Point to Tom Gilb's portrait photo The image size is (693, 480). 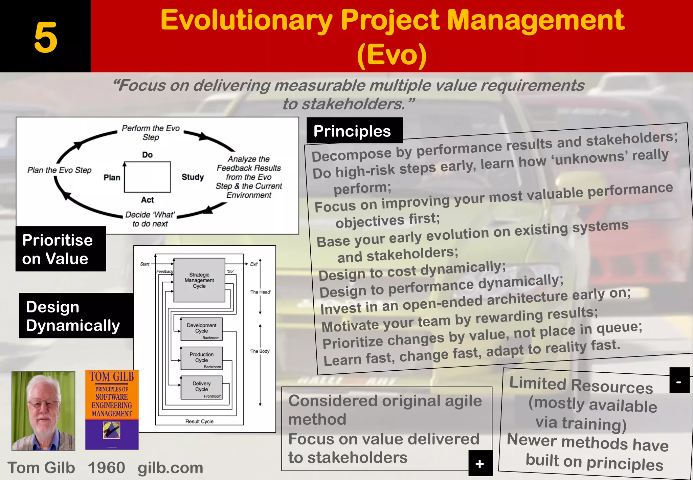pos(43,411)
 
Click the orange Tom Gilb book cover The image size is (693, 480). pos(112,410)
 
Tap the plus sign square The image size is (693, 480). pos(480,463)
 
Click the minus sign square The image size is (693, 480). pos(679,380)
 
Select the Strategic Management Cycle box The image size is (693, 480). pos(199,280)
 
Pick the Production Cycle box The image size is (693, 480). pos(201,358)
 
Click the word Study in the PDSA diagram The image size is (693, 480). pos(193,177)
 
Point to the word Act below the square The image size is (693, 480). pos(147,200)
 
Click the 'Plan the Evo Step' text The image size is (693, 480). pos(59,170)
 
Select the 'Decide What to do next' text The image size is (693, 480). pos(150,219)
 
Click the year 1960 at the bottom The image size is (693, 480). pos(106,468)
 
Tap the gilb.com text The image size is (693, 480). pos(170,468)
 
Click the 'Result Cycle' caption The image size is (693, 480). pos(199,421)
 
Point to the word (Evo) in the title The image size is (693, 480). pos(392,55)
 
